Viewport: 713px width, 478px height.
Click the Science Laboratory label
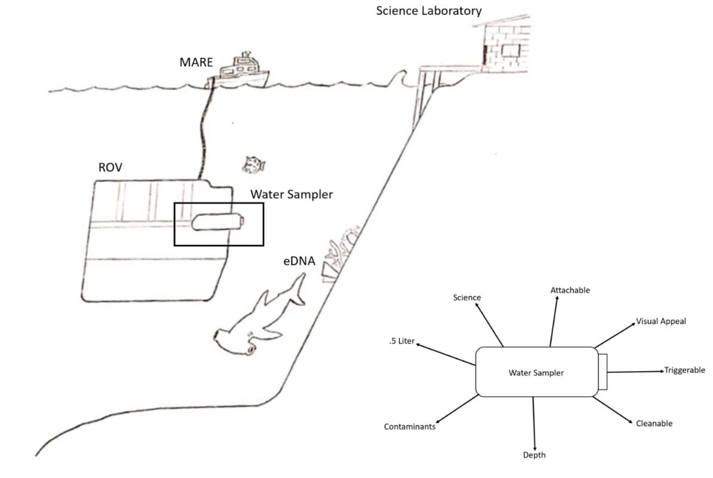429,11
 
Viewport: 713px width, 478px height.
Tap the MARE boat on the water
241,72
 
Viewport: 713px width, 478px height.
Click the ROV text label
110,168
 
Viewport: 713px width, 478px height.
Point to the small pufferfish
254,164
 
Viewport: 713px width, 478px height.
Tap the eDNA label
300,261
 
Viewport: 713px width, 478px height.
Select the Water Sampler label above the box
291,194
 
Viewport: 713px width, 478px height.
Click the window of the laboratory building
511,50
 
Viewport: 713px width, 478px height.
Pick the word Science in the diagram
466,297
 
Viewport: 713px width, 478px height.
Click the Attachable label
570,290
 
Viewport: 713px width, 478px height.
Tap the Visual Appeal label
661,321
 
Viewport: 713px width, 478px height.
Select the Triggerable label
685,370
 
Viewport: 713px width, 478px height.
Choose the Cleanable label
654,423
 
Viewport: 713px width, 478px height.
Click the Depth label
534,455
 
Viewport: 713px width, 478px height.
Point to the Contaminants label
410,427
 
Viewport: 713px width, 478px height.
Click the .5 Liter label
401,341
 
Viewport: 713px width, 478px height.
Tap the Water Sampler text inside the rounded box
536,373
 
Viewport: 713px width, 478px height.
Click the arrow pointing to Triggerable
636,372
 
